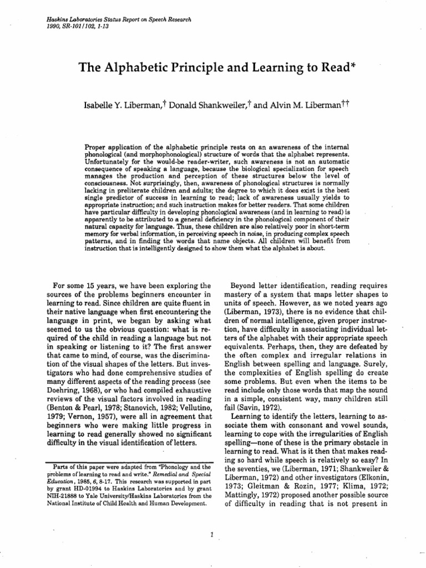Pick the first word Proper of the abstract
[95, 145]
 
